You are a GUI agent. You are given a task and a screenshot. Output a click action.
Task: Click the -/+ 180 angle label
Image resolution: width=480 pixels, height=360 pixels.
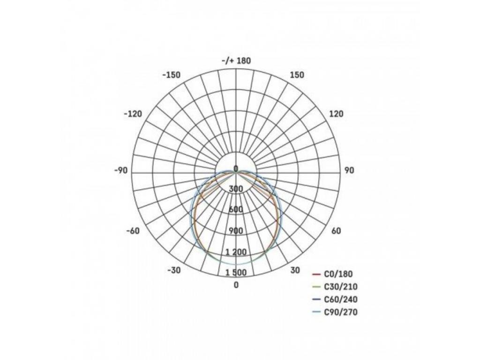coord(236,60)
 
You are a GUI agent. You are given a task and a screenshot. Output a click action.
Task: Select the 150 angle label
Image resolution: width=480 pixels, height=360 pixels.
coord(297,75)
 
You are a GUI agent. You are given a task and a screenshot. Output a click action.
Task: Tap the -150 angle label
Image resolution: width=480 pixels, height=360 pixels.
coord(172,75)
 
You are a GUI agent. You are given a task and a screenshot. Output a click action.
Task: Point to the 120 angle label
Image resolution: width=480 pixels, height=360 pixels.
coord(336,114)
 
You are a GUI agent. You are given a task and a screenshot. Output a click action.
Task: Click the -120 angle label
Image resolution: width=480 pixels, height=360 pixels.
coord(133,114)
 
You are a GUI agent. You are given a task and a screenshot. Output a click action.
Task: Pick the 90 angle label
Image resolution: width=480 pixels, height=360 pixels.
coord(349,170)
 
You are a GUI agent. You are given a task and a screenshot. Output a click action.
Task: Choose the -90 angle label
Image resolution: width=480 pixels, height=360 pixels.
coord(121,170)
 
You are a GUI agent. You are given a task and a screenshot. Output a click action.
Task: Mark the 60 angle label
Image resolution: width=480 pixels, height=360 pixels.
coord(336,231)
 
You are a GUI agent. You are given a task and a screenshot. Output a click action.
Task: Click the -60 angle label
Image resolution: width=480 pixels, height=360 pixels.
coord(133,231)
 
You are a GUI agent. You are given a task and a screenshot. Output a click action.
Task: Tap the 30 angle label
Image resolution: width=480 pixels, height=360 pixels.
coord(295,270)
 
